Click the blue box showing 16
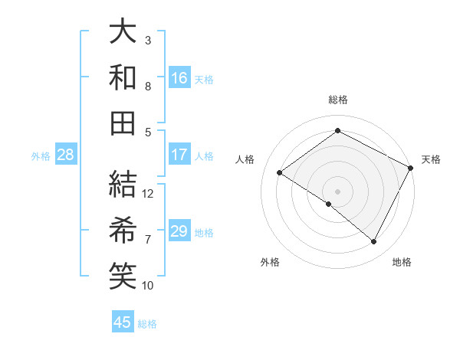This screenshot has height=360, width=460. click(x=179, y=78)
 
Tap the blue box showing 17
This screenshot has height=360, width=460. click(x=179, y=155)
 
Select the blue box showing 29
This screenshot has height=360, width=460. click(x=179, y=231)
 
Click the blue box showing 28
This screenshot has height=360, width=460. click(x=66, y=155)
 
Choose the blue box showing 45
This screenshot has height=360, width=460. click(x=123, y=322)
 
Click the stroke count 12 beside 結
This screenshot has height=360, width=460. click(x=148, y=194)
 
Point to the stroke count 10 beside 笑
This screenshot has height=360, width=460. click(x=148, y=286)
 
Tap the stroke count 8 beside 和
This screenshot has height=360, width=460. click(x=148, y=87)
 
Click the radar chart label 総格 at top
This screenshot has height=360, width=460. click(x=338, y=100)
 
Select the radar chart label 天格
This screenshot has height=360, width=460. click(x=431, y=159)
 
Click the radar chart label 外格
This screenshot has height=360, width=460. click(x=270, y=262)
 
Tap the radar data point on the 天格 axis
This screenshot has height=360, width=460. click(x=411, y=167)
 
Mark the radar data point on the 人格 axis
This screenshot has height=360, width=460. click(x=280, y=172)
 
